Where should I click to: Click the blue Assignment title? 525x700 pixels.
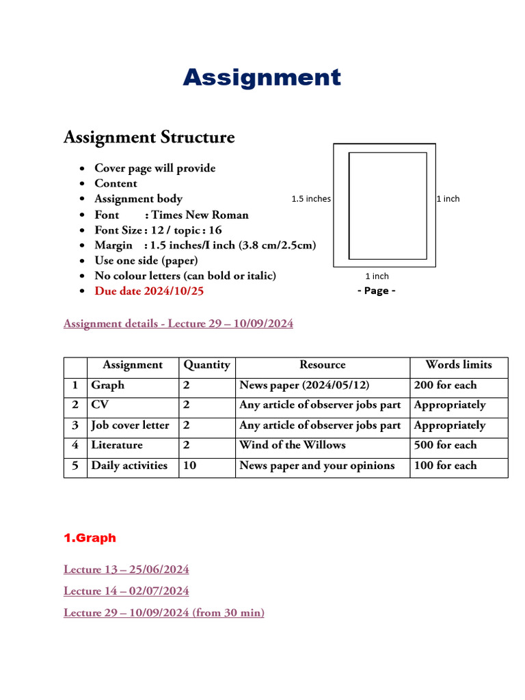click(262, 77)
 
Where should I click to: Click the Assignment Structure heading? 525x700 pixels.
click(149, 137)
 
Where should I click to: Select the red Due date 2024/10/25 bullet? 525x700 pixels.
click(149, 291)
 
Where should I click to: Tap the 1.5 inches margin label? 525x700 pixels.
click(311, 199)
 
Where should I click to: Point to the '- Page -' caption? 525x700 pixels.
click(377, 291)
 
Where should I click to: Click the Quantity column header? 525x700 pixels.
click(206, 365)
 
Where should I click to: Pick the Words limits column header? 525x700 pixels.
click(458, 365)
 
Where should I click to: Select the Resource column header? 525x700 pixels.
click(322, 365)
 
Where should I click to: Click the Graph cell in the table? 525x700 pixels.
click(108, 386)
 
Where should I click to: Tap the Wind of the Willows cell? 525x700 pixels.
click(292, 445)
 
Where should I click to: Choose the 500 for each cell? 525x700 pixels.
click(445, 445)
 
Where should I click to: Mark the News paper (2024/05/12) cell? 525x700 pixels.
click(304, 386)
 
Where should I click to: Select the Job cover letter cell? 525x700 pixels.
click(130, 425)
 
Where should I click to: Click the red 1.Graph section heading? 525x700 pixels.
click(90, 538)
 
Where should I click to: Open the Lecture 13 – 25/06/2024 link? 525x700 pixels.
click(126, 569)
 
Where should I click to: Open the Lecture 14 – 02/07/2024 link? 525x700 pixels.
click(126, 591)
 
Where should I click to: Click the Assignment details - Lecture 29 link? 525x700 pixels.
click(178, 324)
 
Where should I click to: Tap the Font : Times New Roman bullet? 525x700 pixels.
click(171, 215)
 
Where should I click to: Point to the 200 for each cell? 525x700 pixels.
click(445, 386)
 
